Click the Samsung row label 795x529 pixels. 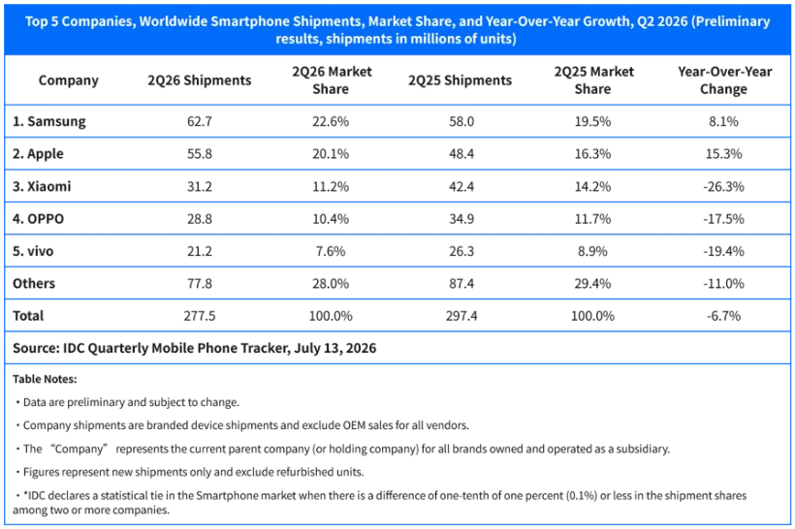coord(49,122)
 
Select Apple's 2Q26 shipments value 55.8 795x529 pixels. coord(200,154)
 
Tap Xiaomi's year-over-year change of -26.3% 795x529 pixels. coord(723,186)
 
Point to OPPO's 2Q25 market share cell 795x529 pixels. coord(592,219)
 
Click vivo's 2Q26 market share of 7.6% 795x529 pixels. coord(331,251)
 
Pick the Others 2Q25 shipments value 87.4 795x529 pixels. coord(461,284)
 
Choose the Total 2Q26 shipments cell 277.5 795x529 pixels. coord(200,316)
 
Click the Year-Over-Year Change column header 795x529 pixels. coord(724,80)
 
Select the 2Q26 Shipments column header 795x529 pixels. coord(200,80)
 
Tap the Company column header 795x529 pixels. coord(69,80)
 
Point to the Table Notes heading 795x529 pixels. coord(45,379)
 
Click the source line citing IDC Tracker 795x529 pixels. coord(194,349)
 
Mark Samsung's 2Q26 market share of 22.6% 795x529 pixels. coord(331,122)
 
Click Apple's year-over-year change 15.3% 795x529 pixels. coord(723,154)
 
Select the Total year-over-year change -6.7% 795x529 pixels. coord(723,316)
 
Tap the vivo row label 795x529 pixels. coord(33,251)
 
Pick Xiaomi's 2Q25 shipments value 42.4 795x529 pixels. coord(461,186)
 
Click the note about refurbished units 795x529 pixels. coord(190,472)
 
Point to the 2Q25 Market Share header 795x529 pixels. coord(593,80)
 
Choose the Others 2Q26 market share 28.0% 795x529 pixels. coord(331,284)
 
